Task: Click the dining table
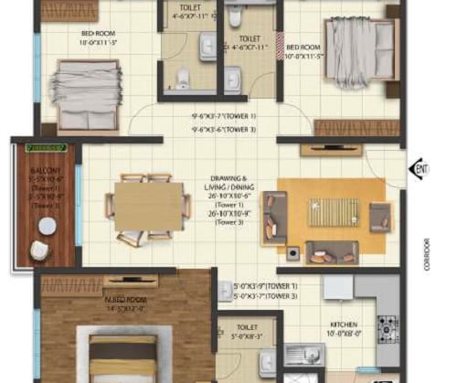[148, 208]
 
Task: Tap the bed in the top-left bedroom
[85, 85]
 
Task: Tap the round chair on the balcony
[40, 250]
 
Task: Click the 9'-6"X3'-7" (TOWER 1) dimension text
[225, 116]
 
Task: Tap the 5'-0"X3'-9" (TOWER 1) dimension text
[267, 286]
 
